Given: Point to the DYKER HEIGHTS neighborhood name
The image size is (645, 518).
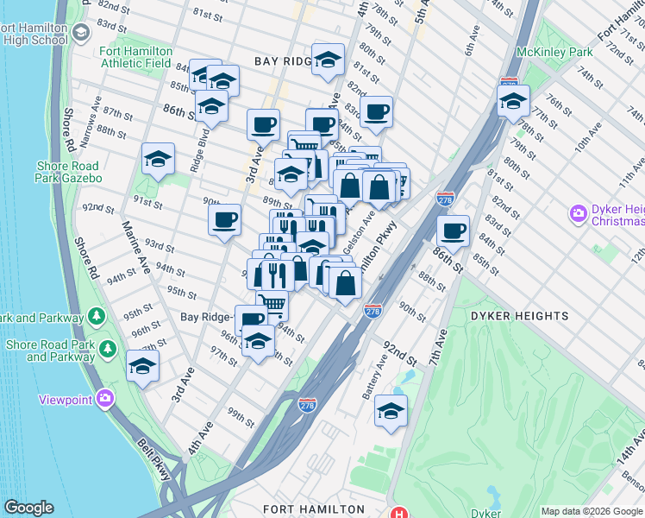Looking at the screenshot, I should coord(520,316).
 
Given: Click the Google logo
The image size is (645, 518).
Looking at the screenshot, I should coord(28,508).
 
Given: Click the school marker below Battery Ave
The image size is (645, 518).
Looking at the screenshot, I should coord(391,411).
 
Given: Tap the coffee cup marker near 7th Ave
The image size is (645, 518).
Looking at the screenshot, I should coord(453,231).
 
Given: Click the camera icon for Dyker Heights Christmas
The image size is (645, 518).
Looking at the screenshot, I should coord(578,212).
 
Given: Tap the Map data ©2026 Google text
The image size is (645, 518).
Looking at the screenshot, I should coord(591,511).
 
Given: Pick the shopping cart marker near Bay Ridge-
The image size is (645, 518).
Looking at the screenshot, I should coord(272,304).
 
